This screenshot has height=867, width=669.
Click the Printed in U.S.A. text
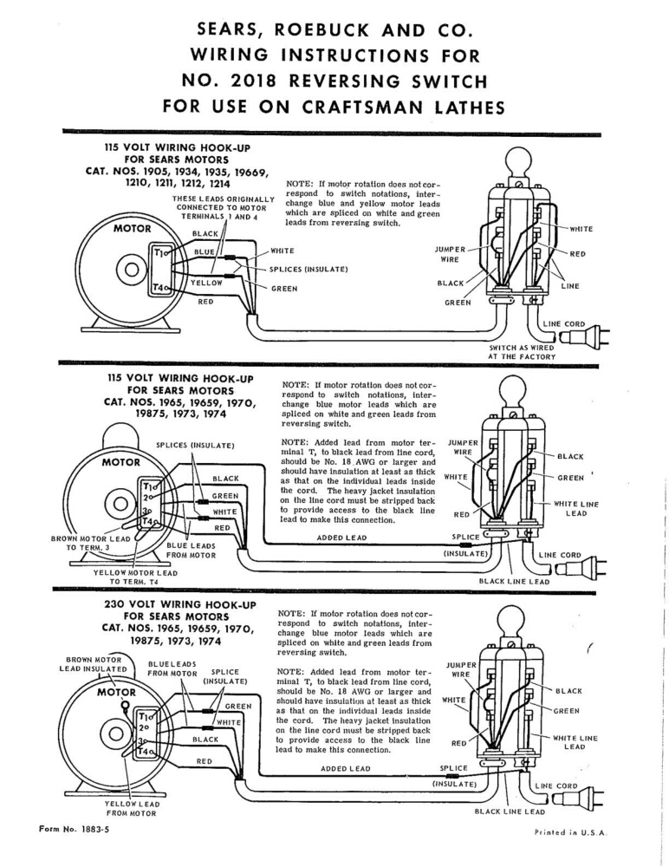(x=571, y=831)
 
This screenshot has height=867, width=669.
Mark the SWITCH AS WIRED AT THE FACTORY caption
(x=522, y=352)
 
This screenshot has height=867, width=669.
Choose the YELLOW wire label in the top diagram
(x=207, y=283)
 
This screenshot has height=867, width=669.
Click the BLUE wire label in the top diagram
(x=204, y=252)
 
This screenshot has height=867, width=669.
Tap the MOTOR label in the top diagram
(x=132, y=229)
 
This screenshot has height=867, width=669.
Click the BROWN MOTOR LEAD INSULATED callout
(x=93, y=663)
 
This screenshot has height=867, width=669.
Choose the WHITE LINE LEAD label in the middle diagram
(x=576, y=508)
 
